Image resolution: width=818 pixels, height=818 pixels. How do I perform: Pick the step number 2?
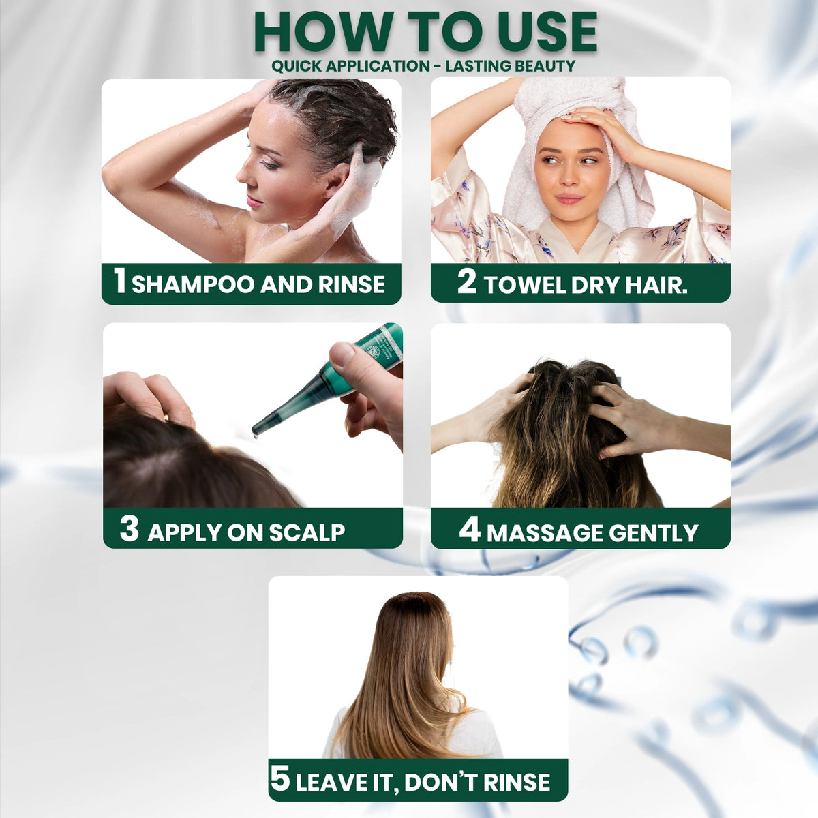point(466,282)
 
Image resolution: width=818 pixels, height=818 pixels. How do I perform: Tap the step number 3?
point(129,529)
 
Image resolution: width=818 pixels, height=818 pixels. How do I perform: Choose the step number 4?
point(470,530)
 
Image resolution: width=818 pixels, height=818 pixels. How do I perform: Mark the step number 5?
point(280,779)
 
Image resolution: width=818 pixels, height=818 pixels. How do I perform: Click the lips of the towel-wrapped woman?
point(569,198)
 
